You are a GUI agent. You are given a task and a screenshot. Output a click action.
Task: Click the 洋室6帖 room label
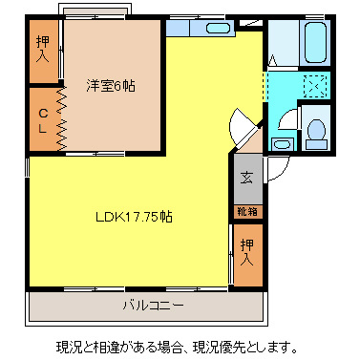(111, 86)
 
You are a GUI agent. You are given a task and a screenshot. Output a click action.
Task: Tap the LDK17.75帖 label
(134, 217)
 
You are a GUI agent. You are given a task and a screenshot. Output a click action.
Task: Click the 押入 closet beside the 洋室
(43, 49)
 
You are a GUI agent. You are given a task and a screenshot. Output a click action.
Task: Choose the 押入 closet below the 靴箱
(246, 252)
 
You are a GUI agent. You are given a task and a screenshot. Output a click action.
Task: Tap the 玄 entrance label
(246, 177)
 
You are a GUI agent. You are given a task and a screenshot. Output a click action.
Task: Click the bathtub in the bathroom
(312, 43)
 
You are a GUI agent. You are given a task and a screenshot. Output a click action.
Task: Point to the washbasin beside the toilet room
(281, 144)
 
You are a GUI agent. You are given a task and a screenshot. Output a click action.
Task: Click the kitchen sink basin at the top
(219, 28)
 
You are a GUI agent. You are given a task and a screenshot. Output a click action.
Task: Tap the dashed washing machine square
(311, 84)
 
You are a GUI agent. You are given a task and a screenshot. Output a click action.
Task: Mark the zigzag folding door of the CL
(60, 118)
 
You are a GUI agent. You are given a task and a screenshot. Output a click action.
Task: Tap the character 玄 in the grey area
(246, 177)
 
